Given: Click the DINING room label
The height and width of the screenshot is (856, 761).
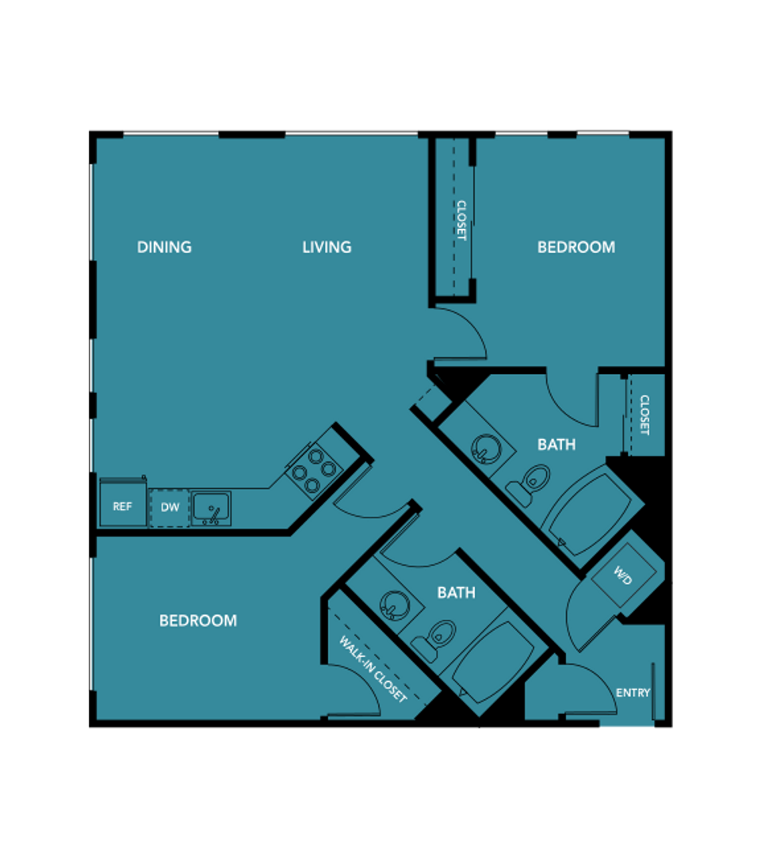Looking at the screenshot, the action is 164,247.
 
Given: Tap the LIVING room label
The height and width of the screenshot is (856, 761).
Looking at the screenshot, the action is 327,247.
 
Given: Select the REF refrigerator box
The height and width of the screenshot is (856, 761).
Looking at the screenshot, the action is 123,503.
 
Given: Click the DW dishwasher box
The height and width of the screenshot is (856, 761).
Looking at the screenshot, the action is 170,508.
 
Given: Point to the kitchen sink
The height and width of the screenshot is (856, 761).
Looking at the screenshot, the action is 212,509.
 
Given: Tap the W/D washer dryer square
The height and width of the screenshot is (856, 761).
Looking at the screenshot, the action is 625,575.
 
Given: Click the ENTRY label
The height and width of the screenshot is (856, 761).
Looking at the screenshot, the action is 633,693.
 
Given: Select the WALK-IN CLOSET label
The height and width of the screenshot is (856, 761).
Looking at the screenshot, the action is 373,669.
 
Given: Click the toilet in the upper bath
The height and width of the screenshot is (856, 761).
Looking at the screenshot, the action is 529,483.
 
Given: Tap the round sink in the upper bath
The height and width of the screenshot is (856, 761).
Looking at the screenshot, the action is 486,449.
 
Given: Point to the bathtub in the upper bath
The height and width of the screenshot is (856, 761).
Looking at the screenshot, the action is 592,514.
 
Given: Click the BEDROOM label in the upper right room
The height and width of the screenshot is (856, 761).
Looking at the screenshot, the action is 576,247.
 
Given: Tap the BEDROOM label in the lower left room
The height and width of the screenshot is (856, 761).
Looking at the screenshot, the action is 198,621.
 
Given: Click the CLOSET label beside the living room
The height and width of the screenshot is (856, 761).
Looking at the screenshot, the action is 461,220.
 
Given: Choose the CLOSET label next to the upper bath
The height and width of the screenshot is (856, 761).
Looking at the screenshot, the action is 644,415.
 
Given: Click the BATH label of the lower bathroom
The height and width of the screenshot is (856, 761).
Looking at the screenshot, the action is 457,593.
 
